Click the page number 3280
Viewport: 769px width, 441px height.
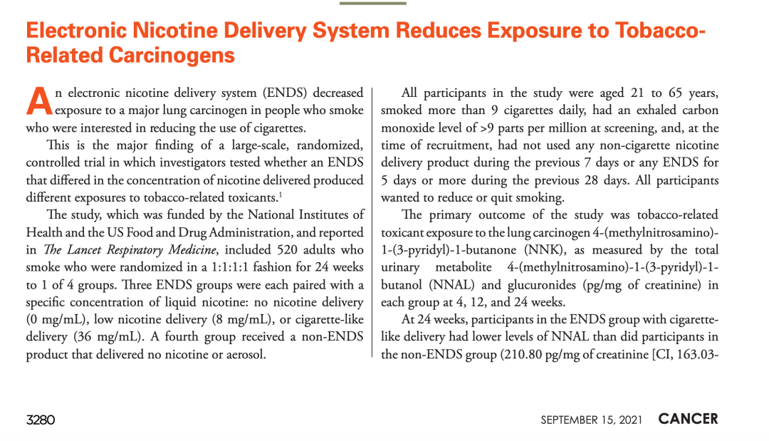(x=41, y=420)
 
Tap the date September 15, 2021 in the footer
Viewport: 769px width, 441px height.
(x=591, y=420)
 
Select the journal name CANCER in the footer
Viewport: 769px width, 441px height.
(x=688, y=419)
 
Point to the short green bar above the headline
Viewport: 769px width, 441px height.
(x=372, y=3)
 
